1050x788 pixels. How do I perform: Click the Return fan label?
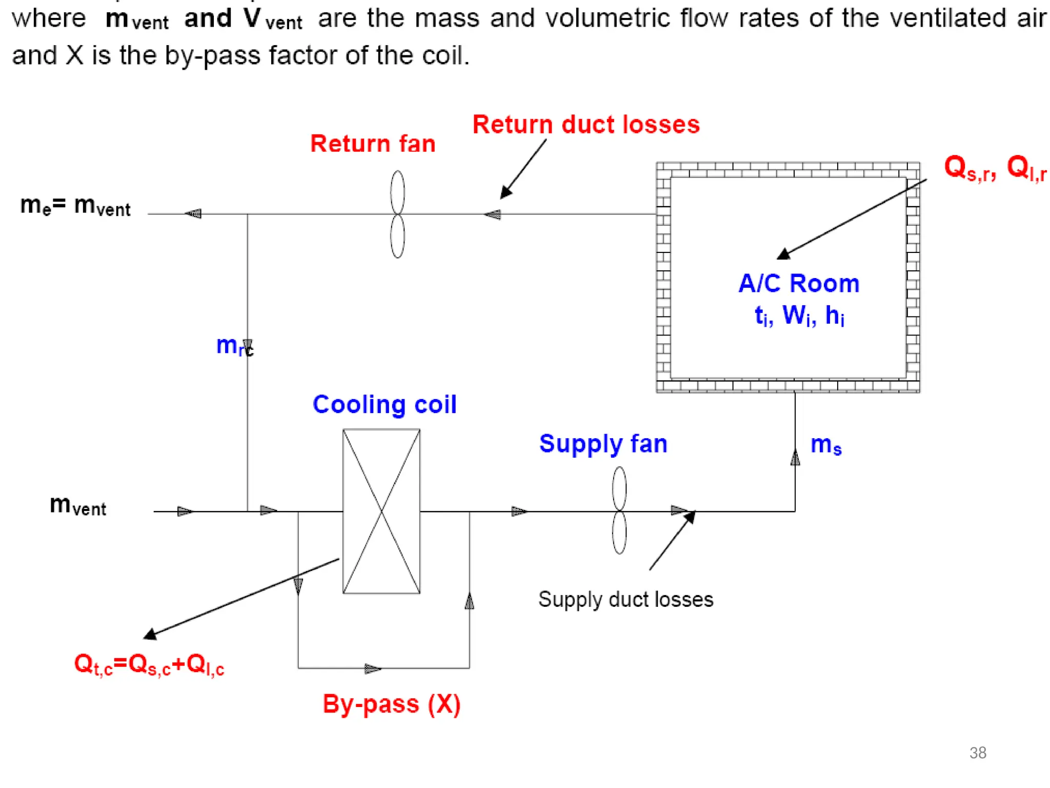pyautogui.click(x=373, y=144)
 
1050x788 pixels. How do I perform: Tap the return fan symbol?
pyautogui.click(x=397, y=214)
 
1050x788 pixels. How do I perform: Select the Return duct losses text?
pyautogui.click(x=586, y=125)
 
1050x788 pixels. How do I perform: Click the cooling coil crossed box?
pyautogui.click(x=381, y=511)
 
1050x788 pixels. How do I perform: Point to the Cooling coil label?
pyautogui.click(x=385, y=405)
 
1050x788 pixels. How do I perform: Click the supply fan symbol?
pyautogui.click(x=619, y=510)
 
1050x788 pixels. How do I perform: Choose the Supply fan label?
pyautogui.click(x=603, y=444)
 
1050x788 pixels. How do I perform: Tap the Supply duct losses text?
pyautogui.click(x=625, y=600)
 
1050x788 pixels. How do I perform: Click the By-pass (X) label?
pyautogui.click(x=392, y=704)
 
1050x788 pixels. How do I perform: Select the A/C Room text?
pyautogui.click(x=799, y=284)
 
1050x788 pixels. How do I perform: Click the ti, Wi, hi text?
pyautogui.click(x=799, y=315)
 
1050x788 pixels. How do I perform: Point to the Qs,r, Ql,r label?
pyautogui.click(x=995, y=168)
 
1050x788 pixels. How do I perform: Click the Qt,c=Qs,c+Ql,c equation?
pyautogui.click(x=149, y=665)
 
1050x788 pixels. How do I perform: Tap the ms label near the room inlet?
pyautogui.click(x=826, y=445)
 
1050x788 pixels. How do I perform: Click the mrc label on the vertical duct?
pyautogui.click(x=234, y=346)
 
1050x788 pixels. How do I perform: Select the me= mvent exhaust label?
pyautogui.click(x=75, y=206)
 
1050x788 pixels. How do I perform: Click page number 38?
pyautogui.click(x=978, y=753)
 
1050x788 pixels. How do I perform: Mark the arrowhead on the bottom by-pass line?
pyautogui.click(x=373, y=668)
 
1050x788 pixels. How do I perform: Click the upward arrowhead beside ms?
pyautogui.click(x=795, y=457)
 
